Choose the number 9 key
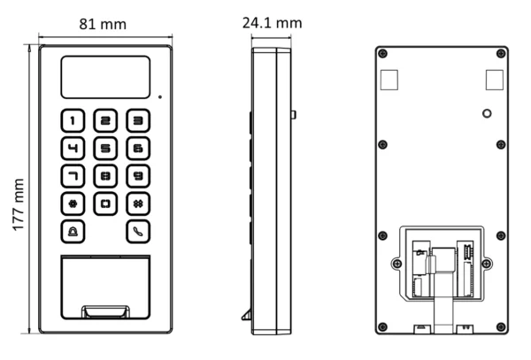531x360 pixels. point(135,175)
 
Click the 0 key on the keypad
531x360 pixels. point(105,203)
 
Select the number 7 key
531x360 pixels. point(73,175)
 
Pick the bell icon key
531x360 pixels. point(73,232)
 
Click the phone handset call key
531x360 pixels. point(135,232)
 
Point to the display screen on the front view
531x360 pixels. point(104,77)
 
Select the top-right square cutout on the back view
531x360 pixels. point(491,80)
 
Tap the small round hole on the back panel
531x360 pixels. point(485,114)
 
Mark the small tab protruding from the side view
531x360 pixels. point(293,115)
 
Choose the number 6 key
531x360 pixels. point(135,148)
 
